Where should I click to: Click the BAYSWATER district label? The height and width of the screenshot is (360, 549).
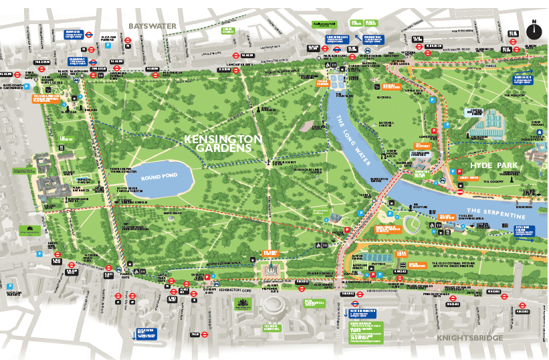(152, 26)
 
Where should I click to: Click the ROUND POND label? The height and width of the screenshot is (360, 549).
(158, 179)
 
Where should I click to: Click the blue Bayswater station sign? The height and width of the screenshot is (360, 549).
(72, 35)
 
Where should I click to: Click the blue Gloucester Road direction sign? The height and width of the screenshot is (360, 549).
(145, 333)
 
